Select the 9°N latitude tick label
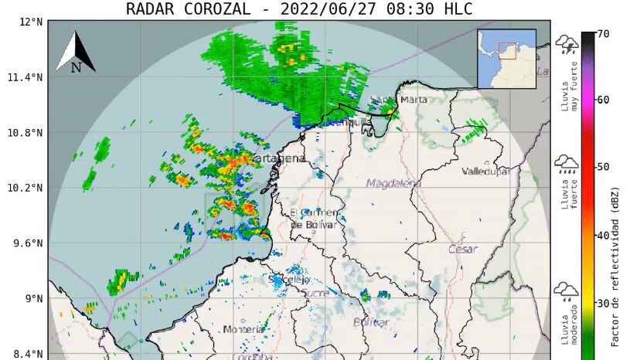point(32,299)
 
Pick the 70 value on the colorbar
point(603,34)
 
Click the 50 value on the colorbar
point(603,167)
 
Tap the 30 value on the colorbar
point(603,303)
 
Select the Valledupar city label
point(486,172)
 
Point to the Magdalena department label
point(394,183)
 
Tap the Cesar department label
point(462,250)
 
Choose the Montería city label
point(243,330)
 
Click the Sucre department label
point(315,294)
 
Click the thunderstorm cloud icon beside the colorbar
point(567,45)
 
